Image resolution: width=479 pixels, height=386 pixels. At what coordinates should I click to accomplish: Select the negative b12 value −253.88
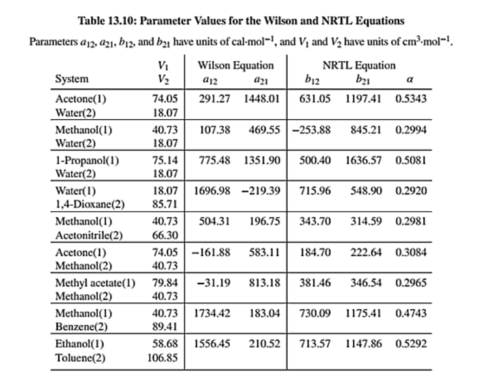[311, 130]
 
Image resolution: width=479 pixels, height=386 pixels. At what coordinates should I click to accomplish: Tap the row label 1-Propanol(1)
[87, 161]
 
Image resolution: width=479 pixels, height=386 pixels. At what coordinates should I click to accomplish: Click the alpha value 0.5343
[411, 99]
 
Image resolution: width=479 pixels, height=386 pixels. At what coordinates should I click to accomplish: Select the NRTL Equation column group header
[360, 65]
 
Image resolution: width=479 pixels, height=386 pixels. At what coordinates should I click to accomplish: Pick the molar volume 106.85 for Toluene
[163, 358]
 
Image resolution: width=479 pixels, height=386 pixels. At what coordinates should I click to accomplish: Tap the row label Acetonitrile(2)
[89, 235]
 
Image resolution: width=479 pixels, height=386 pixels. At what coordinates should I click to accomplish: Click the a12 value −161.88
[211, 253]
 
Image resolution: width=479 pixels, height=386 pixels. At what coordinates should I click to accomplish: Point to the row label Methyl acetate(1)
[95, 282]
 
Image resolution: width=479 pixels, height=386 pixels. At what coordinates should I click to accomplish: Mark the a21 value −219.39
[261, 190]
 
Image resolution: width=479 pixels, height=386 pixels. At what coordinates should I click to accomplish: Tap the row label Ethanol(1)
[79, 344]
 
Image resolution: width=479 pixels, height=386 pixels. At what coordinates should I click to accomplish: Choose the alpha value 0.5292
[411, 344]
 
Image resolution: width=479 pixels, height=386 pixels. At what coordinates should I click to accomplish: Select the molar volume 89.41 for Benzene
[166, 327]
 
